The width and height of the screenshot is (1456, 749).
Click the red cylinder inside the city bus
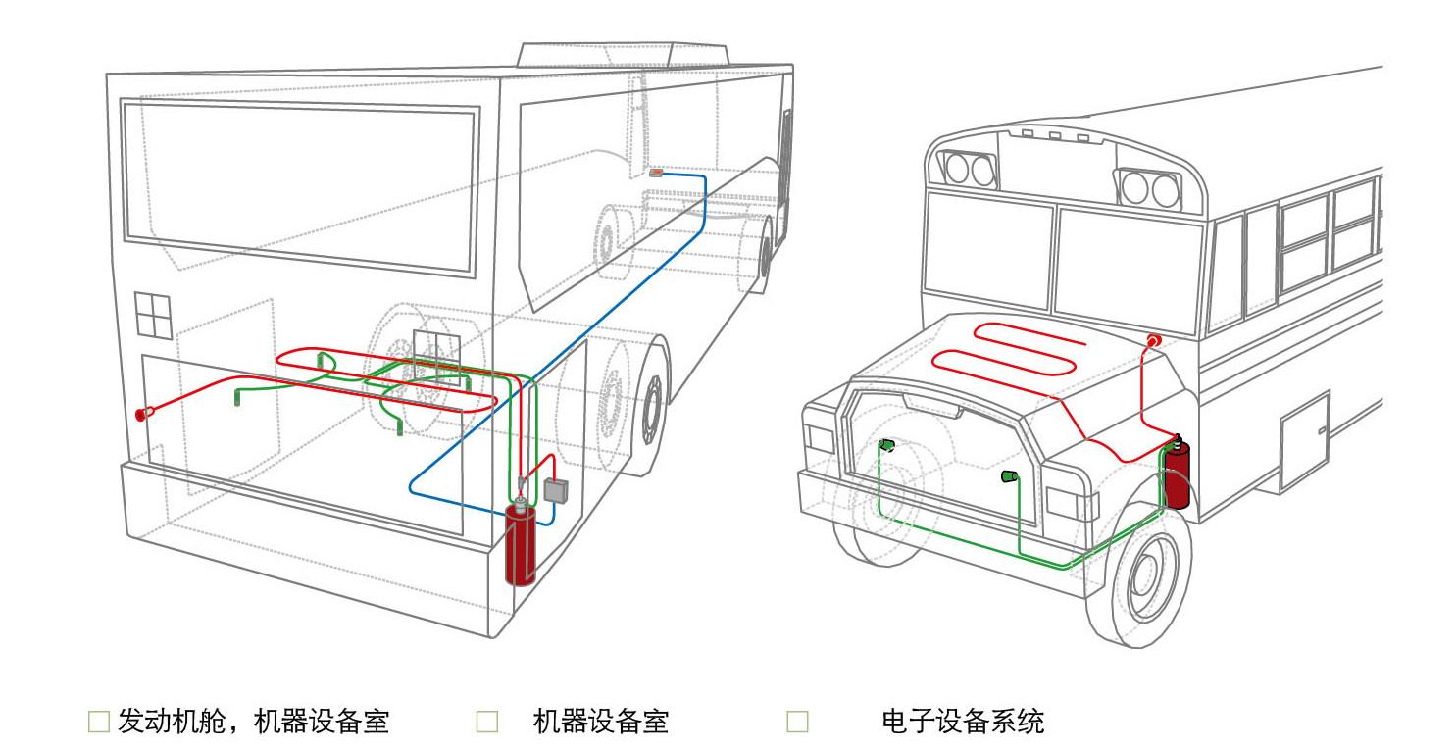click(520, 546)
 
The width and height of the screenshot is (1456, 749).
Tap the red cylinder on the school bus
click(1177, 475)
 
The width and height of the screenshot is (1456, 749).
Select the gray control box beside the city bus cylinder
click(557, 489)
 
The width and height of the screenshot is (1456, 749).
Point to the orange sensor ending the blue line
click(657, 173)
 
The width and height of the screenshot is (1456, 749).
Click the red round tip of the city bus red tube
click(142, 414)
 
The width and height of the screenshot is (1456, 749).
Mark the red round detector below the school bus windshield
click(1154, 340)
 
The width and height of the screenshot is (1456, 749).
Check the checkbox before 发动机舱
click(98, 723)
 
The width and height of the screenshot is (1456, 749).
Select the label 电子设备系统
click(963, 723)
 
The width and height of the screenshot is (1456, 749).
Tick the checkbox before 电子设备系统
click(798, 723)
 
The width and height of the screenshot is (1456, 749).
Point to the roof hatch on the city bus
click(623, 54)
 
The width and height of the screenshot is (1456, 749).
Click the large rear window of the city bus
click(299, 186)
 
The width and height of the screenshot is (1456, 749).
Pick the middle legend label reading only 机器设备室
click(600, 723)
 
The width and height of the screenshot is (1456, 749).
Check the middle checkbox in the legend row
click(487, 723)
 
